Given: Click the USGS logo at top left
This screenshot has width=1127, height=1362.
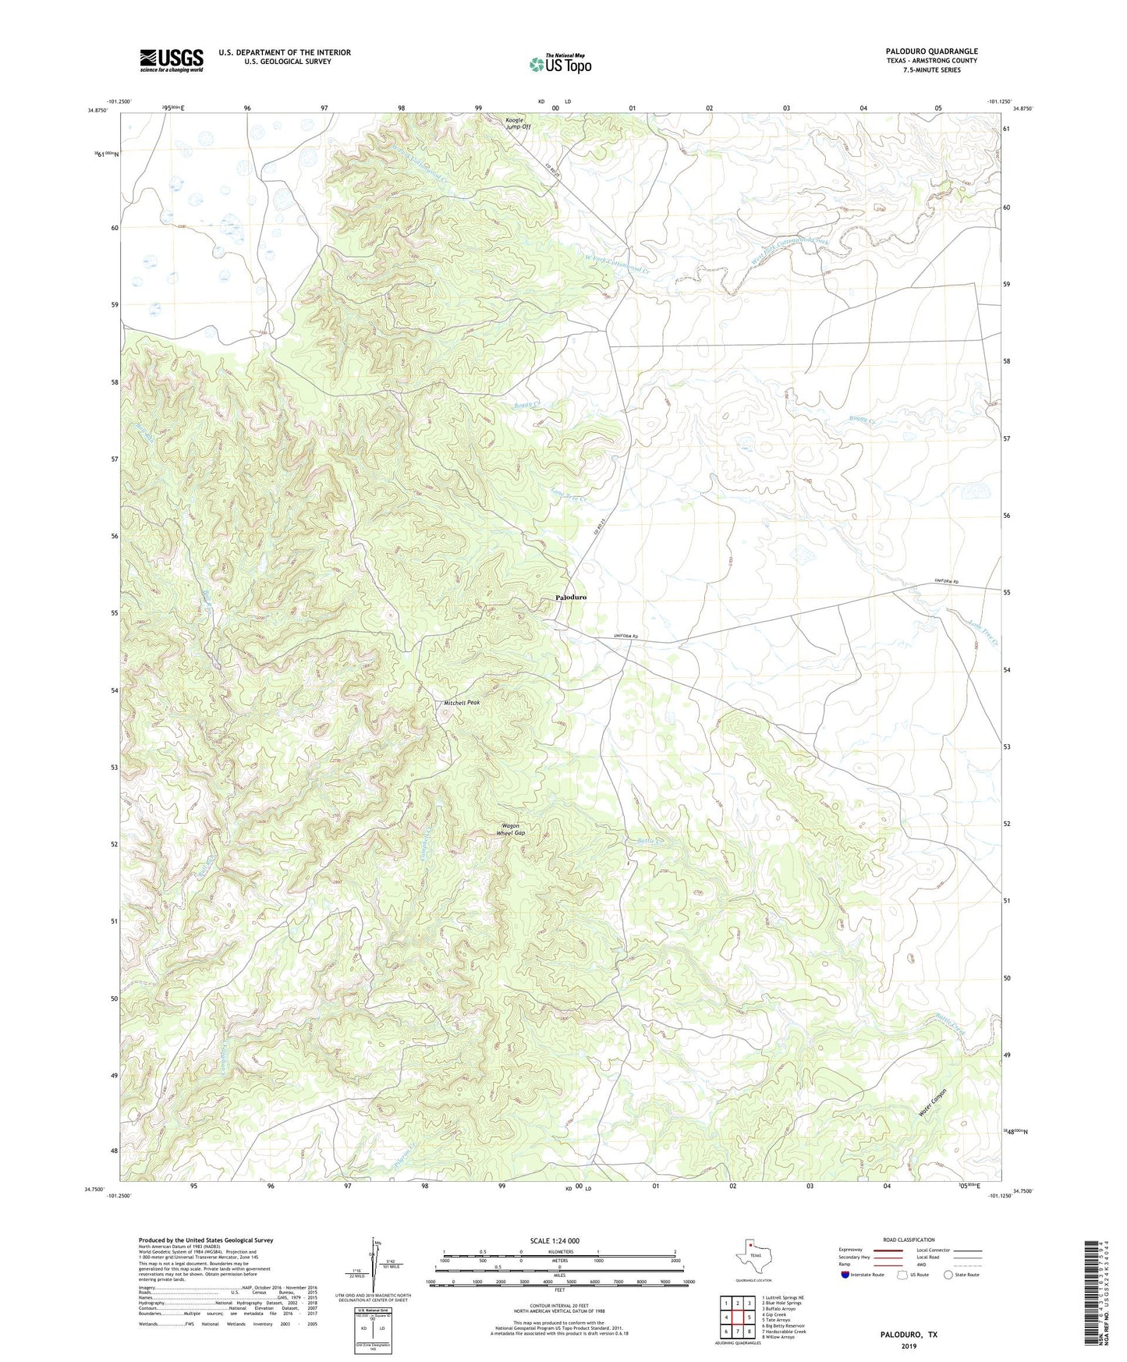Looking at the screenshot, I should [x=172, y=60].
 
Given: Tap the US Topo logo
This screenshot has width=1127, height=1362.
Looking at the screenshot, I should [x=560, y=64].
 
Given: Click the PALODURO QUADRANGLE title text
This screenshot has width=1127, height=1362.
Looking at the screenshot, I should [x=931, y=51].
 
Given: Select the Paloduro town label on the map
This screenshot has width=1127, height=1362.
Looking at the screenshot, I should [x=571, y=597].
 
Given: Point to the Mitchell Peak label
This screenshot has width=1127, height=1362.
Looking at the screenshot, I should [x=462, y=703].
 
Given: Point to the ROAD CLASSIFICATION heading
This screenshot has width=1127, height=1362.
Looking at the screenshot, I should [x=909, y=1240].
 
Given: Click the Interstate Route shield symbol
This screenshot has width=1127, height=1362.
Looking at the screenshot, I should [x=845, y=1275].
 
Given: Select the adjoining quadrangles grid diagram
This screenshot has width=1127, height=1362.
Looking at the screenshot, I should [x=736, y=1317].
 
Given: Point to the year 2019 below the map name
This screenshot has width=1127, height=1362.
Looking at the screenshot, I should [x=908, y=1346].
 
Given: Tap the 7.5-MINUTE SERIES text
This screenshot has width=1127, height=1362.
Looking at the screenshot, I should [x=931, y=70].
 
